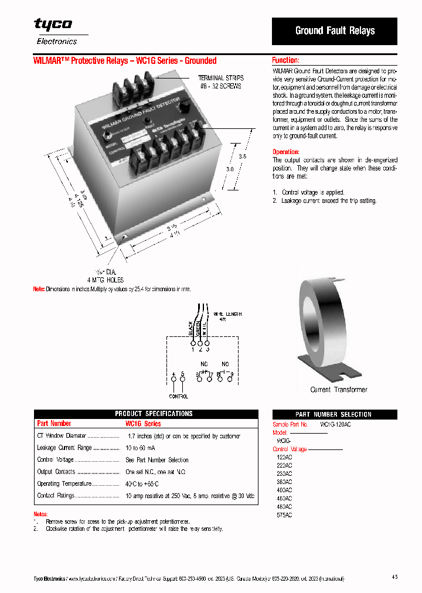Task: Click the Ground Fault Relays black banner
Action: [x=335, y=31]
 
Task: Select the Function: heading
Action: [x=285, y=60]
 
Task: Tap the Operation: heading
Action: [x=286, y=152]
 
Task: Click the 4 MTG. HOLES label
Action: [x=105, y=280]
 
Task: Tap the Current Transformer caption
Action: [x=338, y=390]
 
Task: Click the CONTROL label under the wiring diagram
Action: [x=178, y=396]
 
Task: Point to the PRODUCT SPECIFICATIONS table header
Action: [x=154, y=414]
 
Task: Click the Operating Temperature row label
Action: [x=64, y=483]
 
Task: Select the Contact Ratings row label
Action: [x=56, y=495]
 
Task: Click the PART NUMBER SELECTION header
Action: [x=333, y=414]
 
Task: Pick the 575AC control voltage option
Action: [x=284, y=515]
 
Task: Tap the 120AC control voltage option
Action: [x=284, y=456]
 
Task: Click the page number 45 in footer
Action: [x=394, y=577]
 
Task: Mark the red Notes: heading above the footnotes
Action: [x=41, y=514]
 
